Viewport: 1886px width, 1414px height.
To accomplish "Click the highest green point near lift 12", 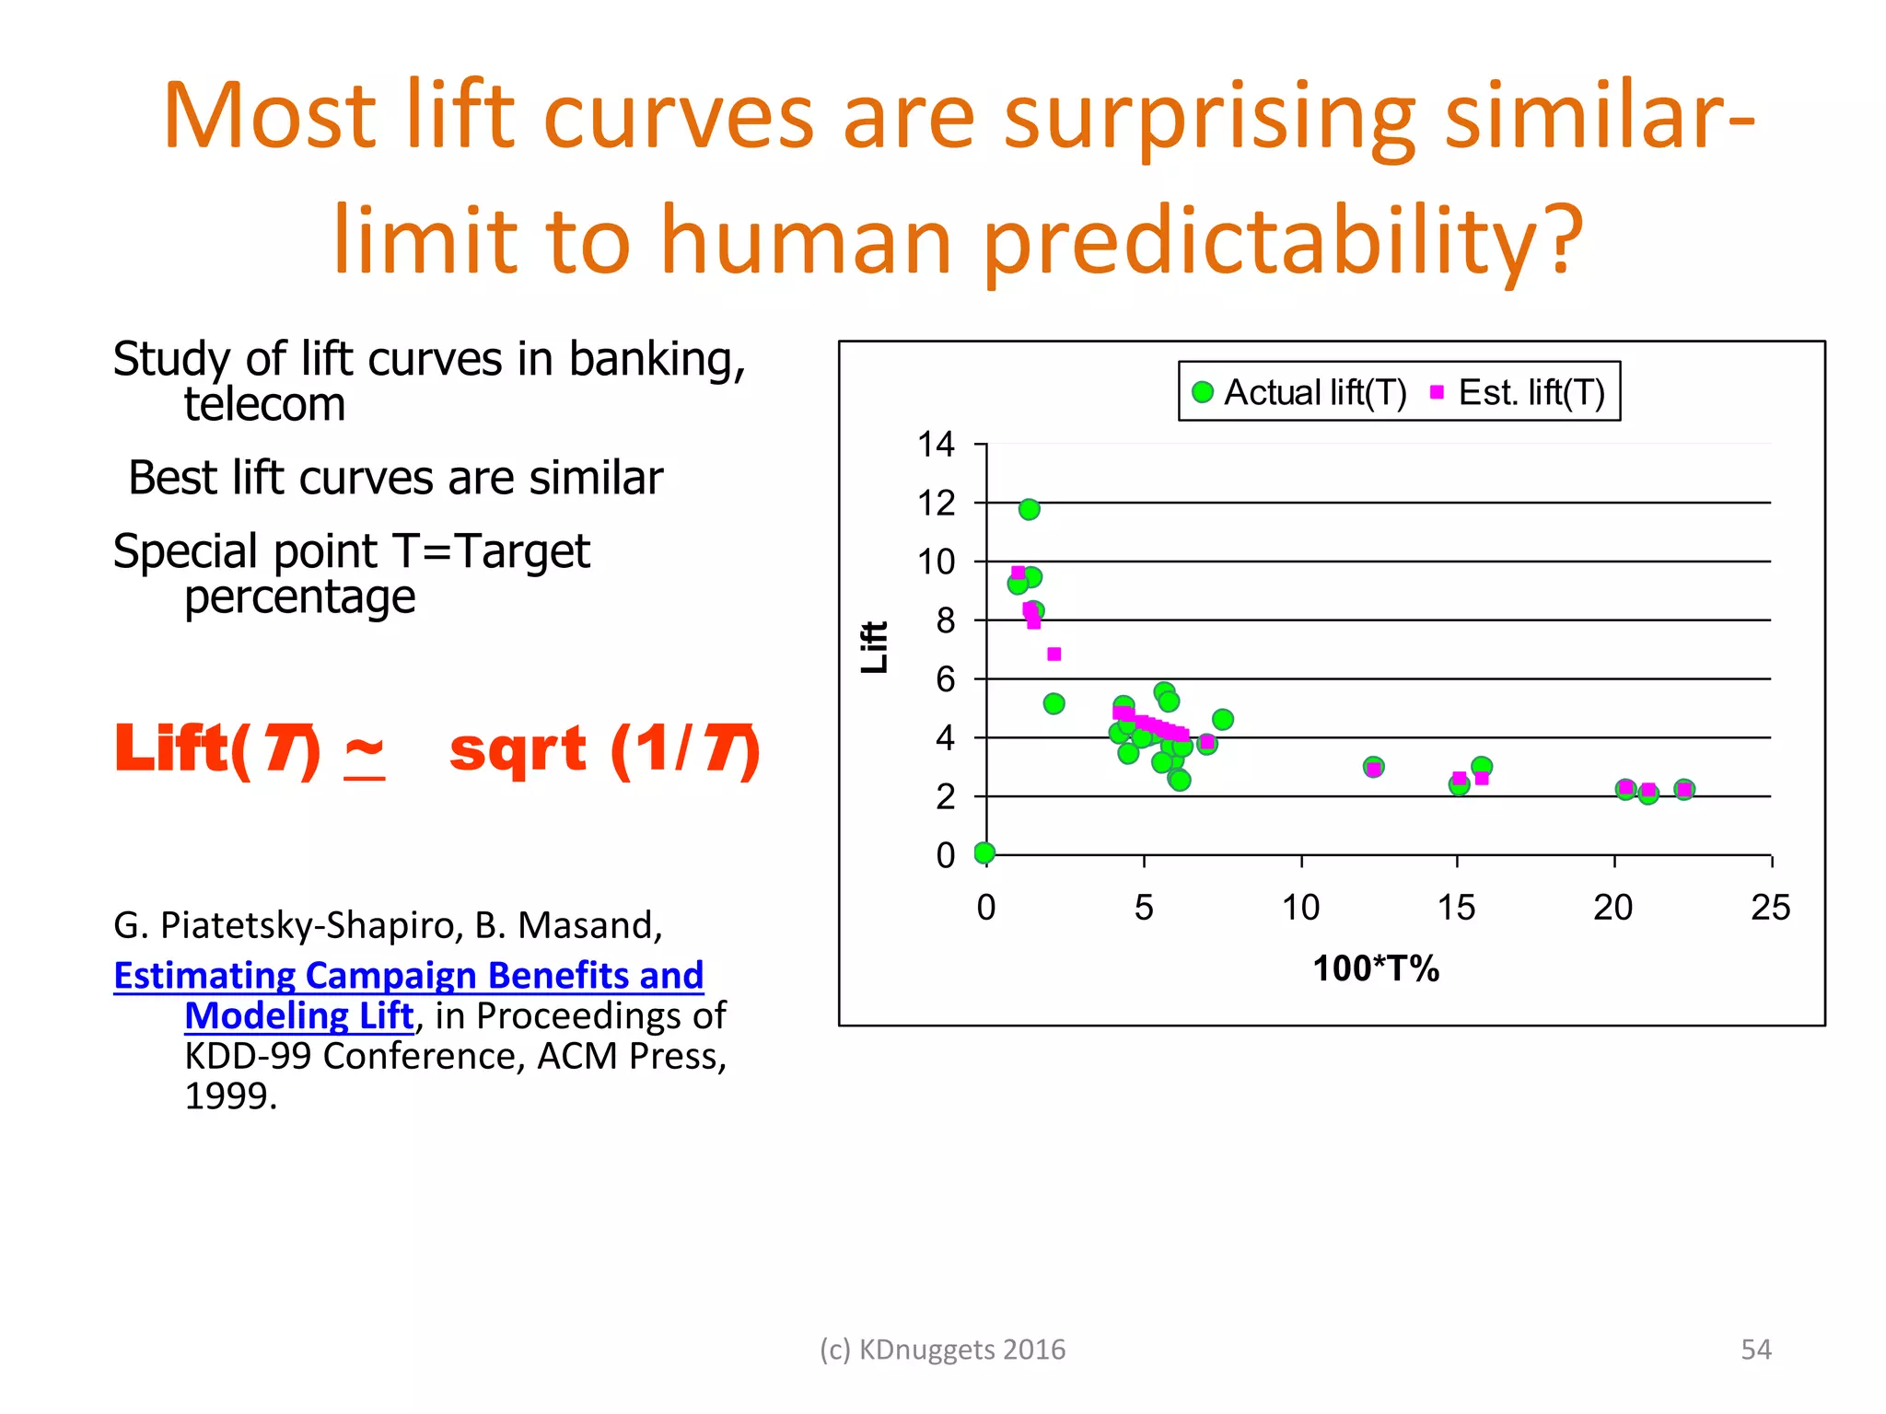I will [1029, 509].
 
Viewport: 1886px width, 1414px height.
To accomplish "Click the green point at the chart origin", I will [984, 852].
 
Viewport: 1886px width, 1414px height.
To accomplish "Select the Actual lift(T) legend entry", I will [1298, 393].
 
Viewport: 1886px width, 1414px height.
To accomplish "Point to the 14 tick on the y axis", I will [936, 445].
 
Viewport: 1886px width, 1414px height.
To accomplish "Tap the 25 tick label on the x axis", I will [1769, 908].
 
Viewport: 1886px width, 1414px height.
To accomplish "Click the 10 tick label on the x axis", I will [1300, 908].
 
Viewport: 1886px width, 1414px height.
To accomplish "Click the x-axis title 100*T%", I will [1375, 968].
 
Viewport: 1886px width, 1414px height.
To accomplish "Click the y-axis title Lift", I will [874, 646].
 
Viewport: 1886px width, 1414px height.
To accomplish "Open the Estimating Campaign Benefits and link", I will [408, 975].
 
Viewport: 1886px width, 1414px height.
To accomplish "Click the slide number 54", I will [1755, 1349].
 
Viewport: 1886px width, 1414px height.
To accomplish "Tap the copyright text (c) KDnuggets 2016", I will [942, 1349].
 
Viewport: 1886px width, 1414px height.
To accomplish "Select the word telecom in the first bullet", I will [264, 404].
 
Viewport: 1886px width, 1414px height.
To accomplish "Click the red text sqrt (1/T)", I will [604, 748].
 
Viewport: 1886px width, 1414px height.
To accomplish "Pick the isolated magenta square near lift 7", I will [1054, 654].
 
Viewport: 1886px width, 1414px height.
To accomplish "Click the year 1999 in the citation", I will [230, 1095].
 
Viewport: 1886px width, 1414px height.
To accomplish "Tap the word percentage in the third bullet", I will [299, 597].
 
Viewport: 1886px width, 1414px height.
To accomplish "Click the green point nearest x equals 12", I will [1372, 766].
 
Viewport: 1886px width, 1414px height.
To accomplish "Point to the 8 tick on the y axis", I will [945, 620].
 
